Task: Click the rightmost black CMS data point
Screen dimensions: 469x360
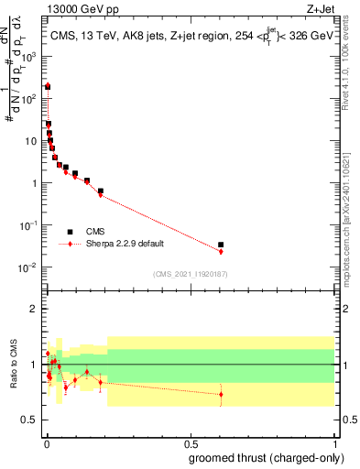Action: click(x=221, y=245)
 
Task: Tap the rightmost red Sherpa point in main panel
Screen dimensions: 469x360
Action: click(x=221, y=251)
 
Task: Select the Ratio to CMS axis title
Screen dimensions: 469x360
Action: click(x=15, y=364)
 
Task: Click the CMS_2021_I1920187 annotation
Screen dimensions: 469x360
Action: click(x=191, y=272)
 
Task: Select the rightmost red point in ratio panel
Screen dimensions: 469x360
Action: click(x=221, y=395)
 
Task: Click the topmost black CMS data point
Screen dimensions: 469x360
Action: click(x=48, y=86)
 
